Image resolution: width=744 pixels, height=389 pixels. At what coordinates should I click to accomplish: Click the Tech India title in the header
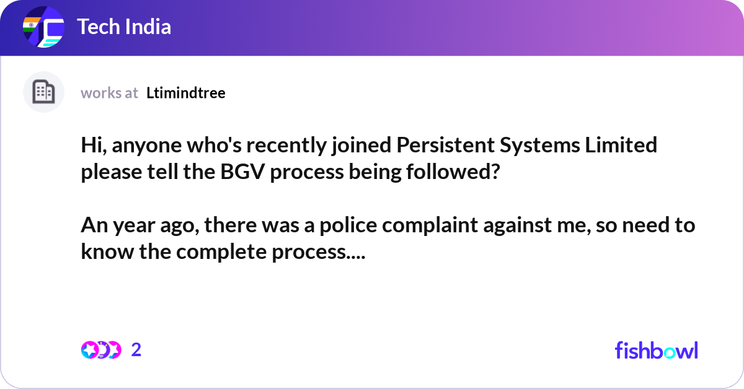point(124,27)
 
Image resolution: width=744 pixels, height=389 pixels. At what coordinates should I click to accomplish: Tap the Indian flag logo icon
point(43,28)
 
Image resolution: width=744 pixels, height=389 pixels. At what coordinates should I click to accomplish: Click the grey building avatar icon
point(43,92)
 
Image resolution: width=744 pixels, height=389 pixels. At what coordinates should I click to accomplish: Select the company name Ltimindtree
point(186,93)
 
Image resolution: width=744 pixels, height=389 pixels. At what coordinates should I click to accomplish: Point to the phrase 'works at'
point(109,93)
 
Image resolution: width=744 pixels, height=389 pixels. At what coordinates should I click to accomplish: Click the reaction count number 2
point(136,350)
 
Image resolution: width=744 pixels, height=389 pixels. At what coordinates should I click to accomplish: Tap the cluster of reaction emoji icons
point(100,350)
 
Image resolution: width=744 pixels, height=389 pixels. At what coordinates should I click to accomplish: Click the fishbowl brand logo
point(656,350)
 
